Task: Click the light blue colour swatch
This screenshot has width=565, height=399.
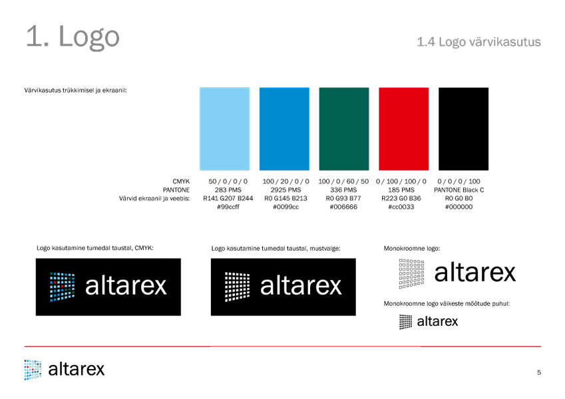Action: [x=224, y=129]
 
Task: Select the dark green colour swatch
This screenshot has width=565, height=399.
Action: [x=344, y=129]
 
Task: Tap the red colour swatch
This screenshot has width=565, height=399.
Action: [x=403, y=129]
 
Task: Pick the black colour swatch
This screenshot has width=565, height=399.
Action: [x=463, y=129]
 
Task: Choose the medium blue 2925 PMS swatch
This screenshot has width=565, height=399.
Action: [x=284, y=129]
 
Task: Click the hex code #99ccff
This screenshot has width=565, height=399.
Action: [x=228, y=207]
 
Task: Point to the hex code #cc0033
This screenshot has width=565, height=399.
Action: [x=401, y=207]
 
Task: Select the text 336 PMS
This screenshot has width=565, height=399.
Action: [x=343, y=190]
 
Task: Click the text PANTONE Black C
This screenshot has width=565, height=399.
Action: [x=459, y=190]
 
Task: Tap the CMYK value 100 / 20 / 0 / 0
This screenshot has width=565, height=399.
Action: [x=285, y=182]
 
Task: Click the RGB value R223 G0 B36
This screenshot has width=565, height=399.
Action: [x=401, y=198]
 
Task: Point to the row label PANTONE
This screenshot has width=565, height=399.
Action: [x=176, y=190]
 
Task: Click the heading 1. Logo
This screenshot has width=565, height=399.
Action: [x=73, y=37]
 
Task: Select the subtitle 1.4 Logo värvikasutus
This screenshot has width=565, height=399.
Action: [x=479, y=42]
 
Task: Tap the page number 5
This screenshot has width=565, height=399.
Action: [x=539, y=372]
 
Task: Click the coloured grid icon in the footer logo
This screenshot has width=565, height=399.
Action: [x=33, y=370]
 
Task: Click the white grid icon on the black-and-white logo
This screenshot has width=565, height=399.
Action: [x=237, y=287]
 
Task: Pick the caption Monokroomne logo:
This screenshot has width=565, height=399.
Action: [x=412, y=249]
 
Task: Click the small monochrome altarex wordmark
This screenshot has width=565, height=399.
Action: [x=437, y=321]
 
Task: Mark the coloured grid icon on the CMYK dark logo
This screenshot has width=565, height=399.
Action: [x=63, y=287]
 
